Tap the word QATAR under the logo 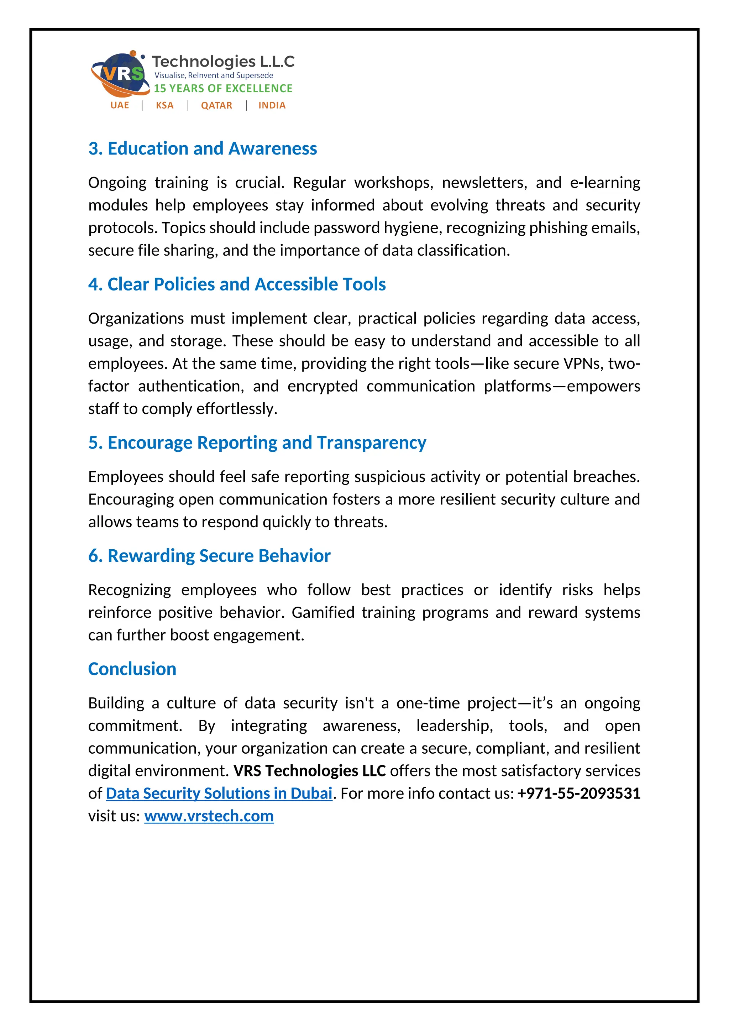tap(216, 105)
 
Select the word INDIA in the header tap(272, 105)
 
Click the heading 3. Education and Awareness tap(203, 148)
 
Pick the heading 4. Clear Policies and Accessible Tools tap(237, 284)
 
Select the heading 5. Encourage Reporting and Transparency tap(257, 443)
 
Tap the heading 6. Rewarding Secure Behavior tap(209, 556)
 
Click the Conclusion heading tap(132, 669)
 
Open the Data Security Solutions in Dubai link tap(219, 794)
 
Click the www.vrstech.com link tap(209, 816)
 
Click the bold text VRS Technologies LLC tap(309, 771)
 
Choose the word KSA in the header tap(164, 105)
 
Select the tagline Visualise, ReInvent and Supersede tap(214, 75)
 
